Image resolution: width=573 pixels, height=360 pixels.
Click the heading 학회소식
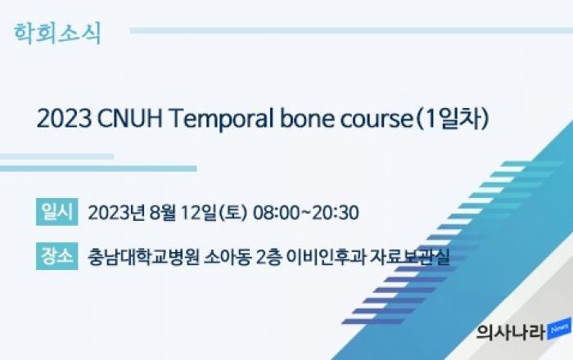point(57,34)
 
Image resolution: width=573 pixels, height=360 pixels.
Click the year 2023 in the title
point(65,119)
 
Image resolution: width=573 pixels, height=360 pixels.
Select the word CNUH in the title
point(130,119)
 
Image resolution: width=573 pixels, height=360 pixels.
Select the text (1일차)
point(453,119)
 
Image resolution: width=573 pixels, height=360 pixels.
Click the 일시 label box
point(57,212)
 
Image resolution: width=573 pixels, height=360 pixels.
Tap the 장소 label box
point(57,256)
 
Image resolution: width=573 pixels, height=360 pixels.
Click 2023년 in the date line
point(117,213)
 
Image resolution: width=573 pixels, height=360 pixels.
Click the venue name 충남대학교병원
point(143,258)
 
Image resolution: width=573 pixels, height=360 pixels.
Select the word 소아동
point(228,258)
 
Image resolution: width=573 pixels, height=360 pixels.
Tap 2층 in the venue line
point(268,258)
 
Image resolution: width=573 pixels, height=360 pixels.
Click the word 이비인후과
point(327,258)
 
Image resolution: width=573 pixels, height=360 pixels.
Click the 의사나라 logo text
point(511,333)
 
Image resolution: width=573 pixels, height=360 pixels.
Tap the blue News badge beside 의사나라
point(559,329)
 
